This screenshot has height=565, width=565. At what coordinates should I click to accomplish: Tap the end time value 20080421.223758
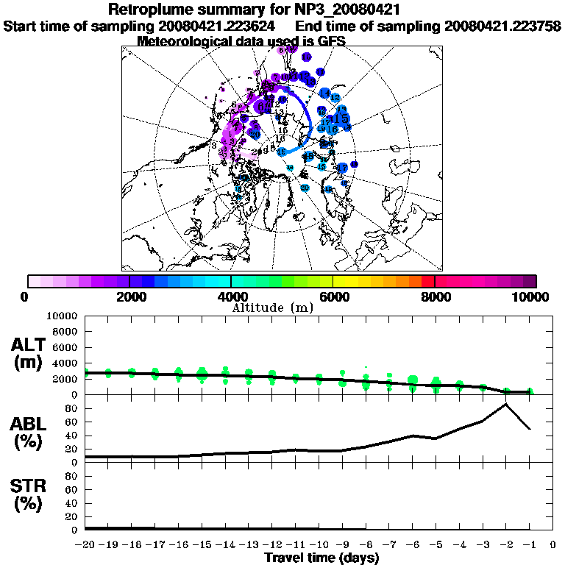[503, 26]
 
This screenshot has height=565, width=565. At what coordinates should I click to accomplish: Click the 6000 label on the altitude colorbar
[335, 297]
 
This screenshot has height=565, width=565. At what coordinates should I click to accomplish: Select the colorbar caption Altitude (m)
[273, 308]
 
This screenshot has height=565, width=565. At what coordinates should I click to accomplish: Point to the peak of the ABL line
[505, 404]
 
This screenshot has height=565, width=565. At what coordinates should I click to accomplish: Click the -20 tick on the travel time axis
[85, 545]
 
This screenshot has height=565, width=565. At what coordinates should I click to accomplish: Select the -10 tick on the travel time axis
[318, 545]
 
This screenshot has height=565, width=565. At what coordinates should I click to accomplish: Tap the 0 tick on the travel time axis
[552, 545]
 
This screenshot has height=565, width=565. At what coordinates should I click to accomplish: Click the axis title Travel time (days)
[321, 558]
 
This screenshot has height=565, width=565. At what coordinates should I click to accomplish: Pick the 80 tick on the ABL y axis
[71, 408]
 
